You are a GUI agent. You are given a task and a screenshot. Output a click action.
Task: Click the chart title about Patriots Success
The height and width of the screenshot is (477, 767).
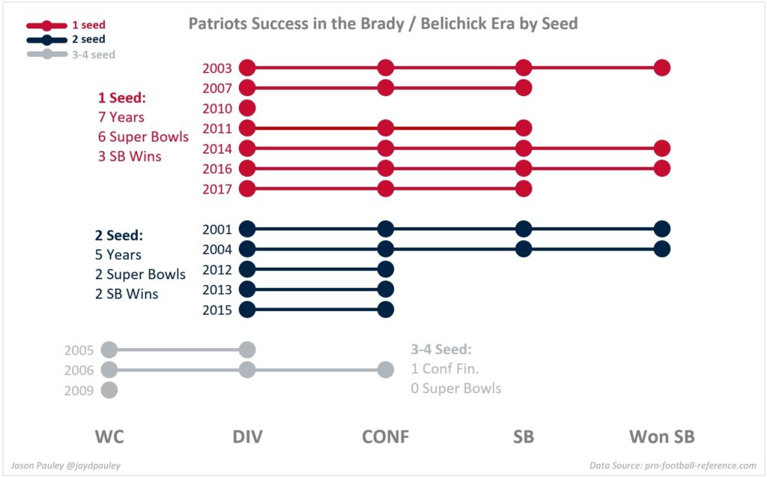(x=383, y=23)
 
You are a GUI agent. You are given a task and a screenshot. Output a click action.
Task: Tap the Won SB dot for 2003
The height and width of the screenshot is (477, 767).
(x=661, y=67)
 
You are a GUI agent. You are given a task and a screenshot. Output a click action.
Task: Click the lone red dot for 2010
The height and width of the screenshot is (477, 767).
(x=248, y=108)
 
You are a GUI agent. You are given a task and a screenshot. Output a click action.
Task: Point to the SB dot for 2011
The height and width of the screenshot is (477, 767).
(x=524, y=128)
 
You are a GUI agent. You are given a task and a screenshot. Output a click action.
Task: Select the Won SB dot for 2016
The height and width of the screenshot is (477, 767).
(x=661, y=168)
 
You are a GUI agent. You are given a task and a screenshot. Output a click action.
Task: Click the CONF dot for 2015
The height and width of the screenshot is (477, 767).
(x=386, y=309)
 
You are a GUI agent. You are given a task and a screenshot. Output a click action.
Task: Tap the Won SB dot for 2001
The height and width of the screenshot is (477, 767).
(x=661, y=229)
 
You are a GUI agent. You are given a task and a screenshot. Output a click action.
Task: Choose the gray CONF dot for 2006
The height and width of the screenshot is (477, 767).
(x=386, y=370)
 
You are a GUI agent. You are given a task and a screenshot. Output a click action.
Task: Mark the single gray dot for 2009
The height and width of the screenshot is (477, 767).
(x=109, y=390)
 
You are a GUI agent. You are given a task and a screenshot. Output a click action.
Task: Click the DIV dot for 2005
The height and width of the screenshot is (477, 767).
(x=248, y=349)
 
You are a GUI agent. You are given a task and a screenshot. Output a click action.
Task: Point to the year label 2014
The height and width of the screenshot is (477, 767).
(x=217, y=148)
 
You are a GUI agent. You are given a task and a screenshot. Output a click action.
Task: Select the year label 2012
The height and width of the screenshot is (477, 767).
(x=217, y=269)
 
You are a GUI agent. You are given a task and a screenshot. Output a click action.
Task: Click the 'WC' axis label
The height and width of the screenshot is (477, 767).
(x=109, y=436)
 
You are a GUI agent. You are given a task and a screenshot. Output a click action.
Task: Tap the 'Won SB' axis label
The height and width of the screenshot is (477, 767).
(x=661, y=436)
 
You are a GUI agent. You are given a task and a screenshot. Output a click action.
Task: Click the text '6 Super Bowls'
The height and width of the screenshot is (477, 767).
(x=143, y=136)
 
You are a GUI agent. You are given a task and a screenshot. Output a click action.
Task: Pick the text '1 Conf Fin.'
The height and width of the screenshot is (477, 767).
(x=446, y=368)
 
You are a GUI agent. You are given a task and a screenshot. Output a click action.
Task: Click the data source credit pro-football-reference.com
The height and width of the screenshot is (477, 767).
(x=673, y=465)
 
